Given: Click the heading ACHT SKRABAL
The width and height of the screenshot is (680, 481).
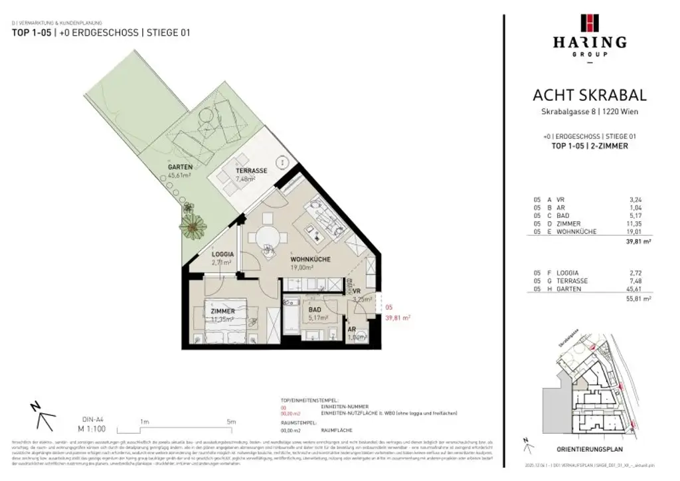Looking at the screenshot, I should coord(589,96).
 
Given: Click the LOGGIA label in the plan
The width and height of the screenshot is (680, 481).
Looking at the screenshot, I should coord(222,254).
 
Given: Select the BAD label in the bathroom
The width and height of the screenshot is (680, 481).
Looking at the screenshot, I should coord(315,310).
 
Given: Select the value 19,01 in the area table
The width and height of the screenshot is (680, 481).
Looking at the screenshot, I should coord(643,232).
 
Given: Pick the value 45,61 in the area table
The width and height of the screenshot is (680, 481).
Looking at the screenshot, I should coord(643,289).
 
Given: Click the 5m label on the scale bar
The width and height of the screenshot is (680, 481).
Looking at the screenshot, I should coord(230,421).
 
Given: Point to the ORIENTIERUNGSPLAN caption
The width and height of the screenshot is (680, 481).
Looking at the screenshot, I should coord(588,449).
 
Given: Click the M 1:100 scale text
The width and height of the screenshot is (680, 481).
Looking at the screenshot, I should coord(90,429).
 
